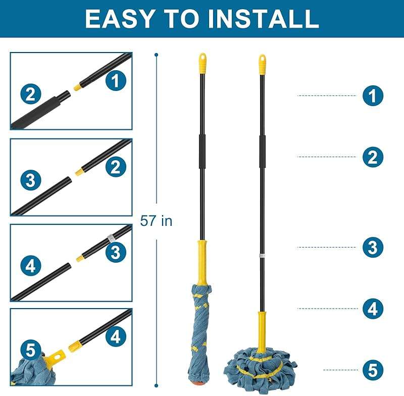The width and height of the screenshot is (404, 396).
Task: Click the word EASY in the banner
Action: [x=119, y=19]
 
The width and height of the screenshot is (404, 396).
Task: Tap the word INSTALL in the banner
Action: [x=263, y=19]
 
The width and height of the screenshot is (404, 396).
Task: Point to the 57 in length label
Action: [x=156, y=221]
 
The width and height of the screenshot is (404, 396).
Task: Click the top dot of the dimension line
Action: [x=156, y=55]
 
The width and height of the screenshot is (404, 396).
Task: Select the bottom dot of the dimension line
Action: [x=156, y=385]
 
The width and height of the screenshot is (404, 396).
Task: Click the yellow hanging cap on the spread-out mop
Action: [x=262, y=65]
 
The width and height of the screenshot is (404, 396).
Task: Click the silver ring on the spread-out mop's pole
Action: [x=262, y=256]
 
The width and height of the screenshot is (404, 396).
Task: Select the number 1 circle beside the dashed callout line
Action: [x=373, y=95]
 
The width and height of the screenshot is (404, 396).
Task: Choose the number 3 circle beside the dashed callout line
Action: [x=373, y=247]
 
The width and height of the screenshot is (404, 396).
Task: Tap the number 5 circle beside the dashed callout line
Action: [x=373, y=370]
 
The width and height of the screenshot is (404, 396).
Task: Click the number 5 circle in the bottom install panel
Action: [x=31, y=350]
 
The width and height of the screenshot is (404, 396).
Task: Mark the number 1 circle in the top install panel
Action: [x=116, y=80]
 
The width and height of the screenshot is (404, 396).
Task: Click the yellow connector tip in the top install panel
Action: [x=77, y=87]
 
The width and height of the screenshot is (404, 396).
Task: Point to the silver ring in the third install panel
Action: [x=110, y=238]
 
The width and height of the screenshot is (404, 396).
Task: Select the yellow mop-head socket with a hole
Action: [x=55, y=358]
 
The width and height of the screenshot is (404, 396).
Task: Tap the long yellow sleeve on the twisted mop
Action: [x=203, y=262]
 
